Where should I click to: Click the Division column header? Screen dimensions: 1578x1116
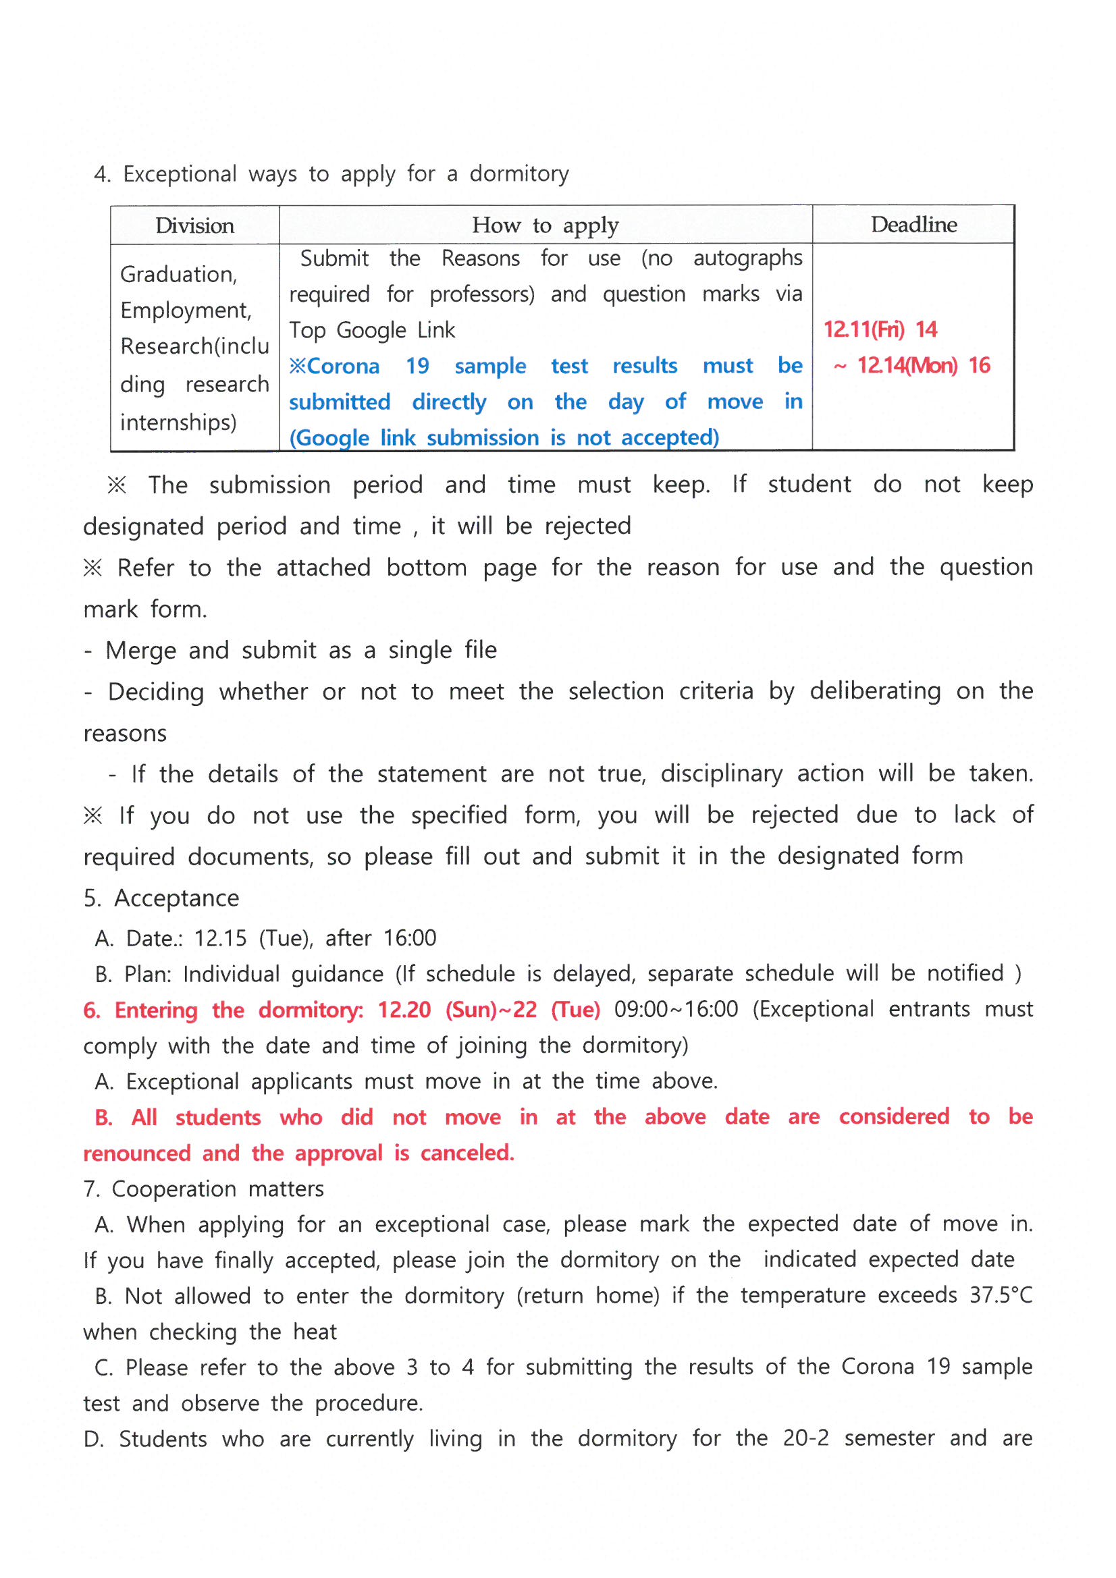coord(194,225)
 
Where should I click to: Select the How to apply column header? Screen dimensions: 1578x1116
coord(545,225)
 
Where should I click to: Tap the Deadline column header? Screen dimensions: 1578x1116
coord(913,225)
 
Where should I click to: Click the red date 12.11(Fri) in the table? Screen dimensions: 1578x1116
coord(863,330)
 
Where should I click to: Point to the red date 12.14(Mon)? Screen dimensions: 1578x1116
coord(906,366)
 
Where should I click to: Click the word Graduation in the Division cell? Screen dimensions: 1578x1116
coord(178,275)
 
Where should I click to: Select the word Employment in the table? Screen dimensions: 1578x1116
coord(186,310)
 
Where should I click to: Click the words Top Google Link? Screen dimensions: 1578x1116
coord(371,331)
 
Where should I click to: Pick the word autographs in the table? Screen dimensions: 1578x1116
coord(747,259)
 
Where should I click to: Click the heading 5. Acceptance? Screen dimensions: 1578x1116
coord(161,898)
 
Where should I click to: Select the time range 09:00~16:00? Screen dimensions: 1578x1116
coord(676,1010)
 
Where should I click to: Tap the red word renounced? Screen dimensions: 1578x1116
coord(137,1153)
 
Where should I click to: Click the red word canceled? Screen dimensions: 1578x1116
coord(467,1153)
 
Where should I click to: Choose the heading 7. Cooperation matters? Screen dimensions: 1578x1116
coord(203,1189)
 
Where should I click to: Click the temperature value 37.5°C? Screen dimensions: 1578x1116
coord(1001,1295)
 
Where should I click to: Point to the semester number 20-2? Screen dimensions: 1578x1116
coord(805,1438)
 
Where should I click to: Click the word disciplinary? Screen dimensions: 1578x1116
coord(721,774)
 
